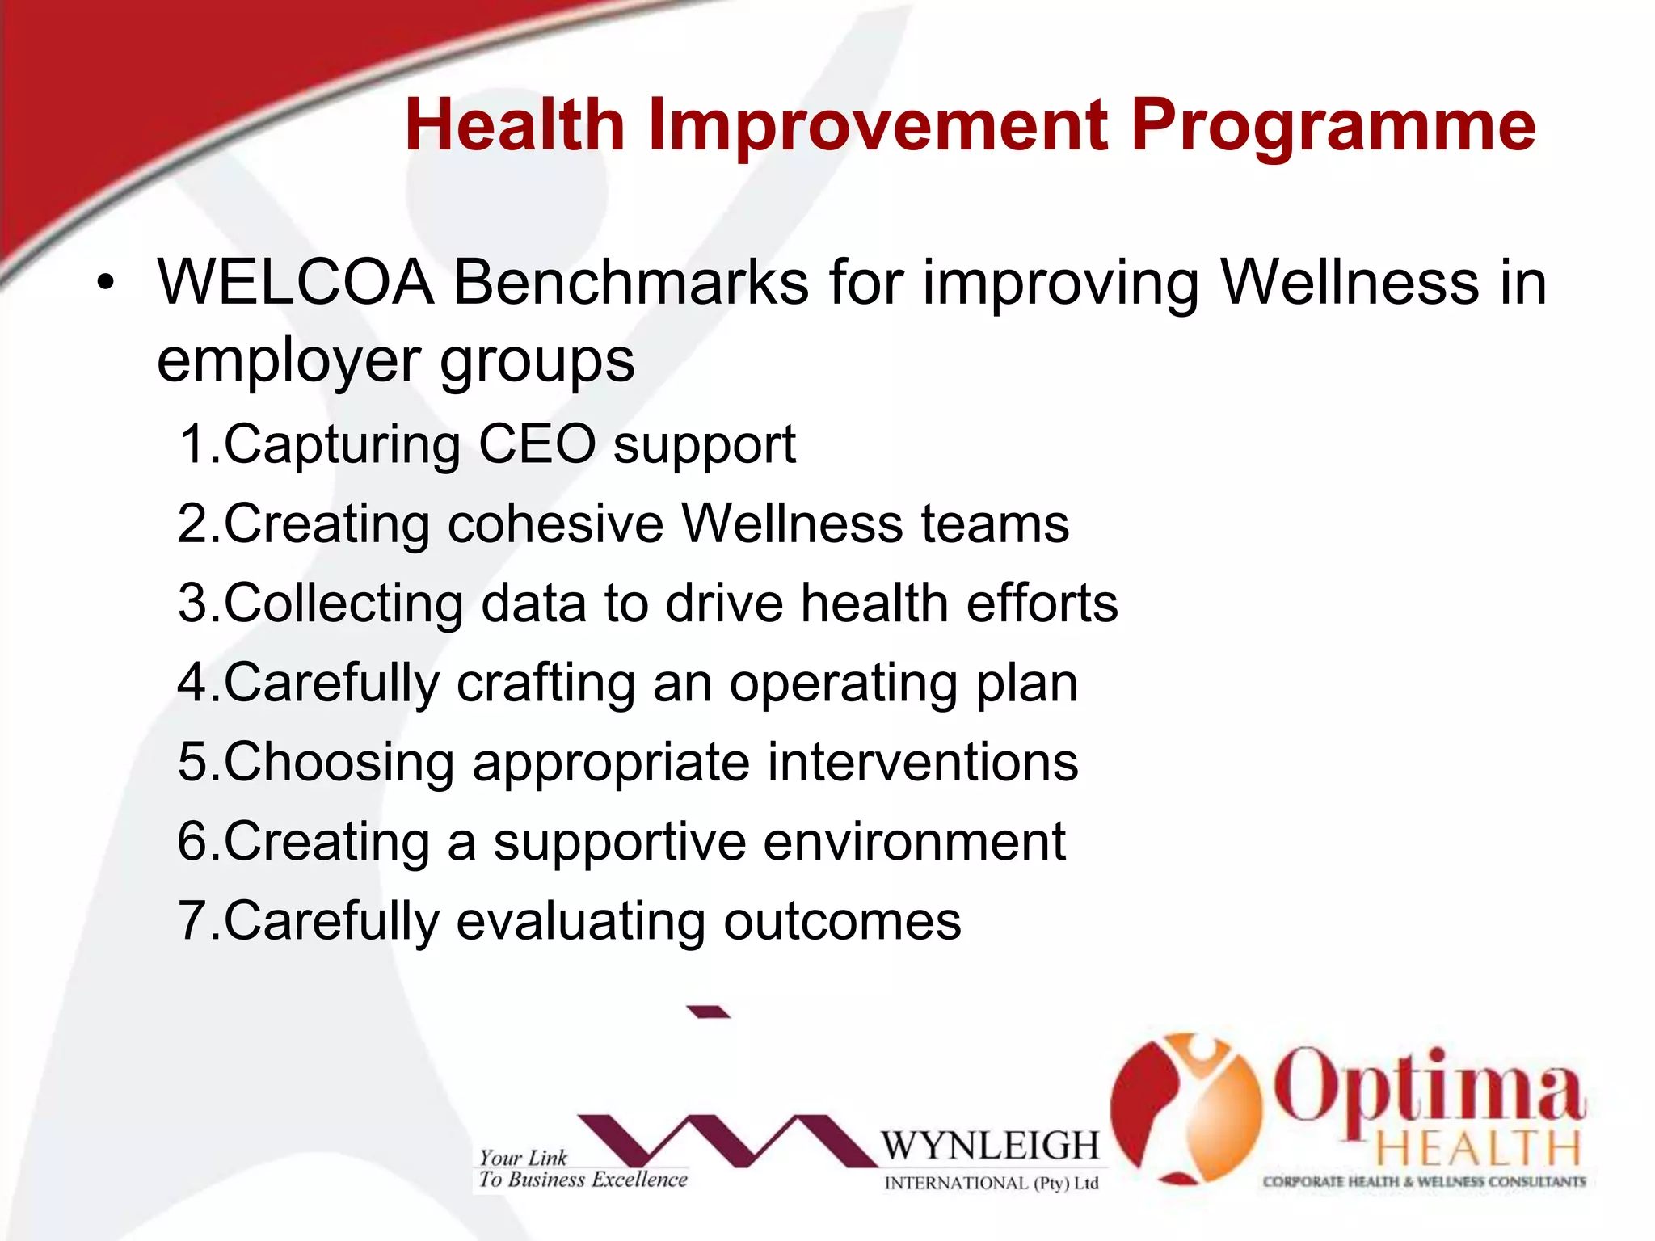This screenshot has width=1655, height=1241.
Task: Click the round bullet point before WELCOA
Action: [106, 284]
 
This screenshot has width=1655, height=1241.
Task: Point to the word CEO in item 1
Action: [537, 444]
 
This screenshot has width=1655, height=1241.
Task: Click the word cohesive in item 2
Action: [555, 524]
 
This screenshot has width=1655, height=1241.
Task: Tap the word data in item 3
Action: [533, 603]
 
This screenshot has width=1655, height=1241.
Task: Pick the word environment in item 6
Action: [914, 842]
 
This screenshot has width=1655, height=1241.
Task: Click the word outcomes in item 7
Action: [841, 921]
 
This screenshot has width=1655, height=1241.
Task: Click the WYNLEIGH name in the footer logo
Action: [990, 1146]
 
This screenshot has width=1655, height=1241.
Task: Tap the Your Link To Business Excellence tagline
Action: [582, 1169]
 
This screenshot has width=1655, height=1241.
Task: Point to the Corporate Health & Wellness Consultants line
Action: [1424, 1182]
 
